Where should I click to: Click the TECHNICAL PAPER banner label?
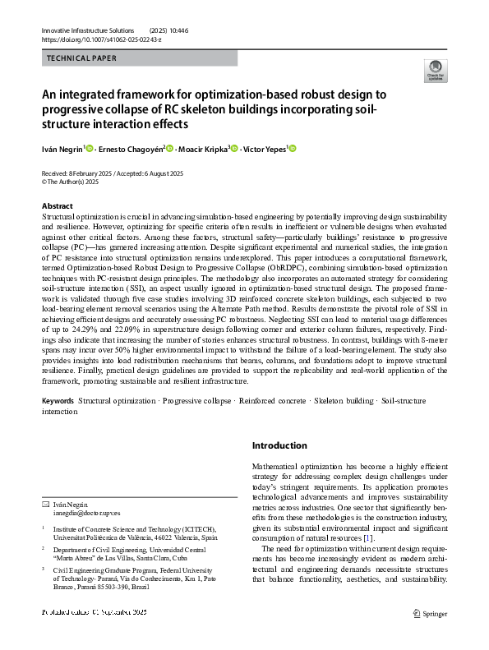pyautogui.click(x=81, y=58)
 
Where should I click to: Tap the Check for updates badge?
pyautogui.click(x=433, y=71)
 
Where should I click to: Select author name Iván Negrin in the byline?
pyautogui.click(x=62, y=149)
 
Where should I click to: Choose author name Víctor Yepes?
pyautogui.click(x=266, y=149)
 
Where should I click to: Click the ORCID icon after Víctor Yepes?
pyautogui.click(x=293, y=148)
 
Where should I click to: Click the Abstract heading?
pyautogui.click(x=57, y=205)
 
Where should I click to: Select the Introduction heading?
pyautogui.click(x=279, y=445)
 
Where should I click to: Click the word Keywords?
pyautogui.click(x=58, y=401)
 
